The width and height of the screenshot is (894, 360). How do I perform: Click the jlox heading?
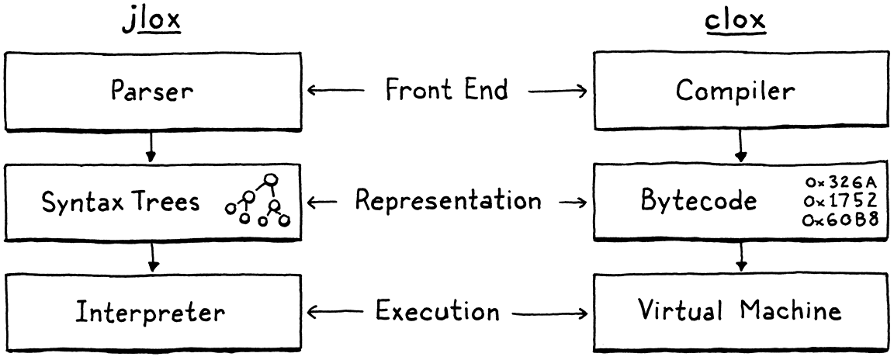pos(152,21)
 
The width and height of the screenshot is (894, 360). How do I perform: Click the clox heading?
pos(735,21)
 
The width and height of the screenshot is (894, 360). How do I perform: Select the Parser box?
pos(153,91)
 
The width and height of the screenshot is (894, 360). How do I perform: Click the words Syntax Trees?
pos(121,202)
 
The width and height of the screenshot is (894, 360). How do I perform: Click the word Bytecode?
pos(699,202)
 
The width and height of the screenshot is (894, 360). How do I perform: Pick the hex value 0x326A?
pos(841,182)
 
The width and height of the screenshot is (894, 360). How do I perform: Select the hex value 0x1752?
pos(841,200)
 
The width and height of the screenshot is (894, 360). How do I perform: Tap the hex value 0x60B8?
pos(841,219)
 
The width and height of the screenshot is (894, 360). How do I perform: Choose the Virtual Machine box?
pos(740,312)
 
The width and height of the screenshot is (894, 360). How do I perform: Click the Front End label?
pos(447,90)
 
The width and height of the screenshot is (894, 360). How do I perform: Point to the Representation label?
pos(448,202)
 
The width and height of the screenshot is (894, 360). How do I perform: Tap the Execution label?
pos(438,313)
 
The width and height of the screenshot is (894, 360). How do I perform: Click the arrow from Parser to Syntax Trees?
pos(153,145)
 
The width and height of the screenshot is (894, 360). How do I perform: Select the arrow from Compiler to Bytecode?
pos(741,146)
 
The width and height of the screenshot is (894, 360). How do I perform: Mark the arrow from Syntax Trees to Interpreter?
pos(153,257)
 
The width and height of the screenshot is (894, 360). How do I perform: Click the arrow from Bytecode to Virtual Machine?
pos(741,257)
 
